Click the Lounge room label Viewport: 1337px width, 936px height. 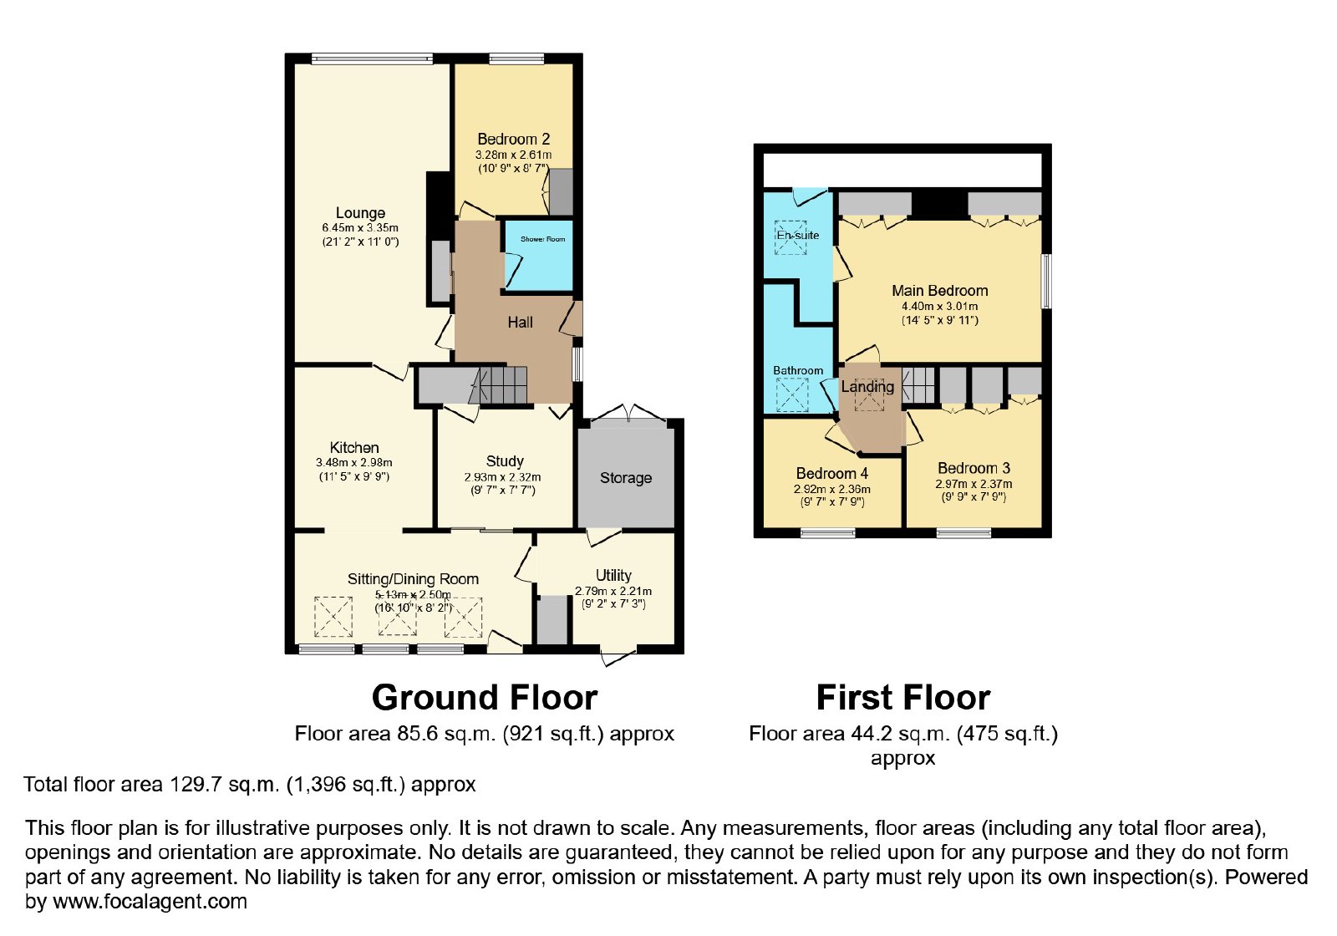click(x=360, y=213)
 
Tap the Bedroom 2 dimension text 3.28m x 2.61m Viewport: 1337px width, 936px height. click(x=513, y=155)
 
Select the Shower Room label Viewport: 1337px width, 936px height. click(x=542, y=239)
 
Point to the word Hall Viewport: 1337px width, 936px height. click(x=520, y=323)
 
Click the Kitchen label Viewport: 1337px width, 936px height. click(x=354, y=448)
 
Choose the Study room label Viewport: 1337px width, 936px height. click(x=505, y=461)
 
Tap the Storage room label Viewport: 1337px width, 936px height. click(x=626, y=478)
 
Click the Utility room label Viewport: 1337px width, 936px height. click(x=613, y=576)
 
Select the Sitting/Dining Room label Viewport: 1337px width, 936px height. click(x=413, y=579)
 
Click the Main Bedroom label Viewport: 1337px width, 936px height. click(x=939, y=291)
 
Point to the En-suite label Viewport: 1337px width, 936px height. click(x=797, y=235)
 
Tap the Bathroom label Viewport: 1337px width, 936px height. click(x=798, y=371)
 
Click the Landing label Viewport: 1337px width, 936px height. click(x=867, y=387)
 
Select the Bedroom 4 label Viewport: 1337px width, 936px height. click(x=832, y=473)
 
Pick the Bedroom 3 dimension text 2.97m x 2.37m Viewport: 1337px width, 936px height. click(x=974, y=484)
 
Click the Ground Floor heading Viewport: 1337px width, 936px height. click(x=485, y=697)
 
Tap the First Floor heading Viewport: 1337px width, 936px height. click(x=903, y=697)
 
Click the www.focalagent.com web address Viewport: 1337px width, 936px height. click(x=150, y=902)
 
